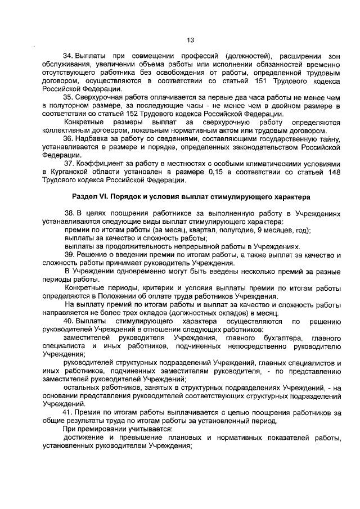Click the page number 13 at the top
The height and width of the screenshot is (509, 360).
[x=190, y=39]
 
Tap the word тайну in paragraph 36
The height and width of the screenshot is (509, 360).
[x=329, y=139]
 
